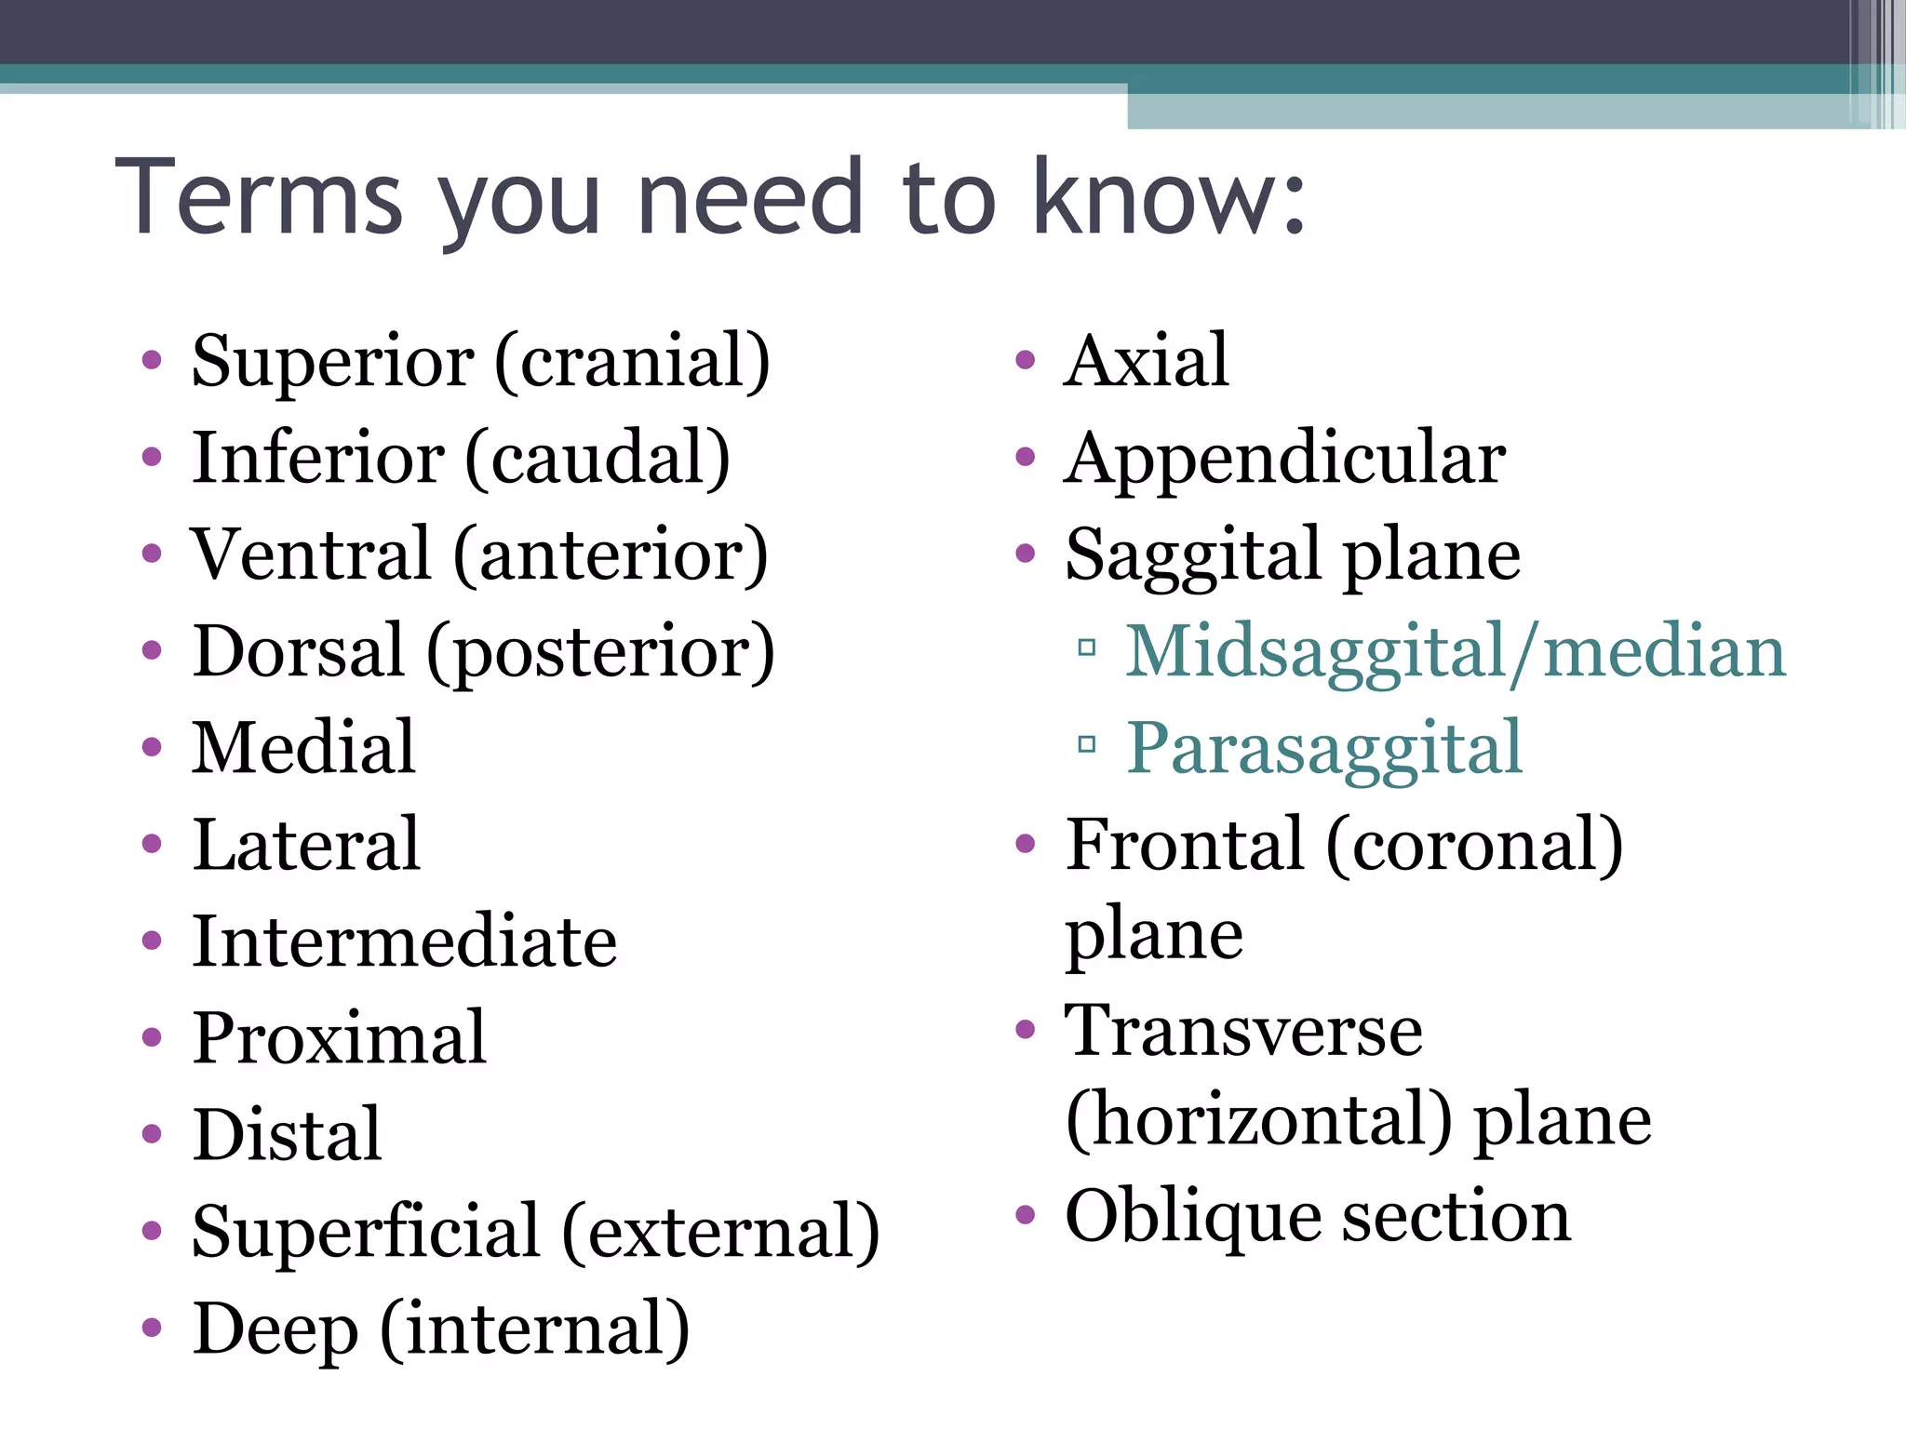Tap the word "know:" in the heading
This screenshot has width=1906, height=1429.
coord(1169,197)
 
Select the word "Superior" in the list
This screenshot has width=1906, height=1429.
coord(332,361)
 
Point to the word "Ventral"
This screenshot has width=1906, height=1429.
coord(312,554)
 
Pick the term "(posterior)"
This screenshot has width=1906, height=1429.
coord(600,652)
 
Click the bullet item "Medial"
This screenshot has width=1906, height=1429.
coord(303,748)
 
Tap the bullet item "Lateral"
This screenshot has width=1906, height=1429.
coord(306,845)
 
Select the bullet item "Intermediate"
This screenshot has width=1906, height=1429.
coord(404,942)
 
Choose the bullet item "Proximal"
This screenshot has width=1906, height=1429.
coord(339,1038)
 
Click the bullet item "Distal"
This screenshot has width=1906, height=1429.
coord(287,1135)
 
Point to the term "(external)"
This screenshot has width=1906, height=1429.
coord(721,1233)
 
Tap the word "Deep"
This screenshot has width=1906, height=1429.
coord(275,1329)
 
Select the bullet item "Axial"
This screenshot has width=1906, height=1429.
coord(1147,361)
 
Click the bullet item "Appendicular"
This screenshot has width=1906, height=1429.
coord(1284,458)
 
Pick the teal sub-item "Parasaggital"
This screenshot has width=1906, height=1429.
coord(1324,748)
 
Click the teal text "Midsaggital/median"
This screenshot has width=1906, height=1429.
coord(1456,652)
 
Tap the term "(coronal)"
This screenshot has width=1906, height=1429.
coord(1474,845)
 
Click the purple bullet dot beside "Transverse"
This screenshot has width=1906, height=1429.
coord(1026,1030)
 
